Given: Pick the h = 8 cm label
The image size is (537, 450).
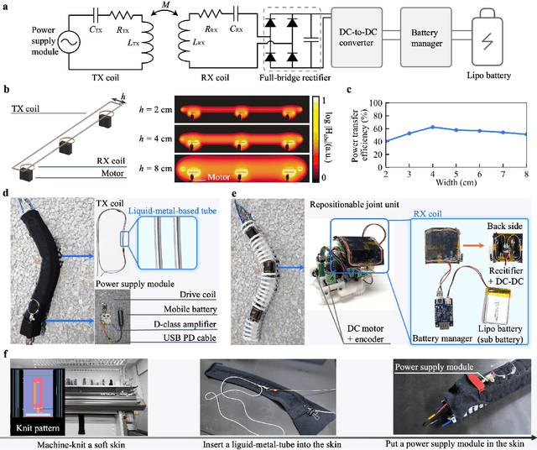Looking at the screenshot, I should click(168, 160).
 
